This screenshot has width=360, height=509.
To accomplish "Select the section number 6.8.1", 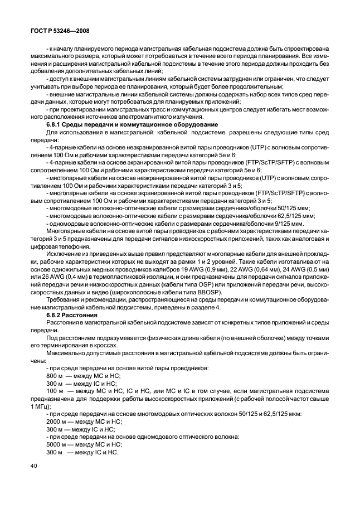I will tap(55, 124).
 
